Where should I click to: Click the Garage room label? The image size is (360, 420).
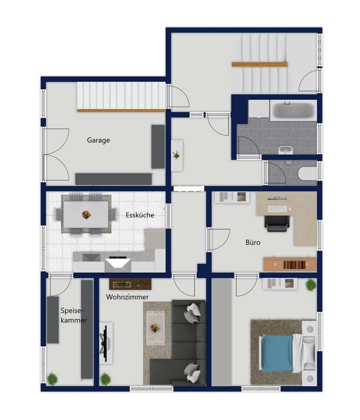point(98,141)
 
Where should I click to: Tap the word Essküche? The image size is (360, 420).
point(140,215)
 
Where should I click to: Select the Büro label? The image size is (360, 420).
point(252,242)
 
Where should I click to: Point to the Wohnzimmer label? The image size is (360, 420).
point(127,297)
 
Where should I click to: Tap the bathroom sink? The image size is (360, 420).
point(285,149)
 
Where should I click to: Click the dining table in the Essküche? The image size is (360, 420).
point(86,214)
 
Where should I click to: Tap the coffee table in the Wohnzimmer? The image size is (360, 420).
point(155,328)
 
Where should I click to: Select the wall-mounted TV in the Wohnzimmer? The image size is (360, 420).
point(105,343)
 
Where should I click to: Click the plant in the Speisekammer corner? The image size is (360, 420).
point(51,378)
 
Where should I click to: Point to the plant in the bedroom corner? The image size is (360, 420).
point(310,285)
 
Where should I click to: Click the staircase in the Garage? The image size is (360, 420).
point(121,97)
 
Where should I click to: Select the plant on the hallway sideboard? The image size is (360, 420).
point(176,155)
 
